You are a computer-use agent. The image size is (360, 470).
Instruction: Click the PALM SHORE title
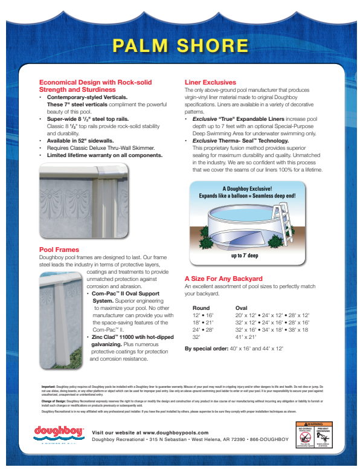point(181,46)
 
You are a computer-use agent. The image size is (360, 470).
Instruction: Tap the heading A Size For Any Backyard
point(223,278)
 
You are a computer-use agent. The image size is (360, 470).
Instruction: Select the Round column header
point(201,307)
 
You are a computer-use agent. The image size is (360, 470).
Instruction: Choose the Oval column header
point(241,307)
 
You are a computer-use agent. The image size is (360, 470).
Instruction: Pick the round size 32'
point(196,337)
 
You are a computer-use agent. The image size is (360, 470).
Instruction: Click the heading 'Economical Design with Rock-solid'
point(95,82)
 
